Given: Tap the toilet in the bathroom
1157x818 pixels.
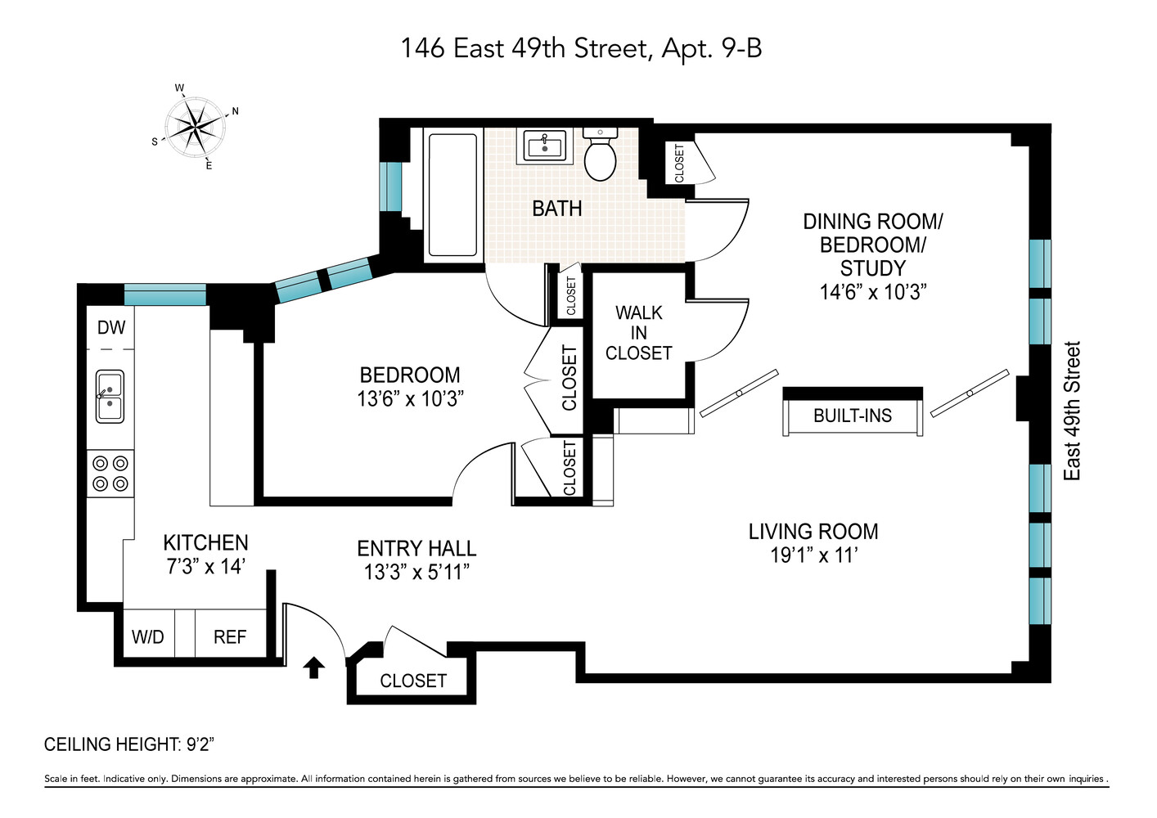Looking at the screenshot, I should click(600, 155).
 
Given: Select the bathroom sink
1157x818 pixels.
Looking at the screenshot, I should click(544, 147).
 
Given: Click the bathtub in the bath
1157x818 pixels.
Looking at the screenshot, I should click(452, 195).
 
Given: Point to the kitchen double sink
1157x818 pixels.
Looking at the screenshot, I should click(110, 396).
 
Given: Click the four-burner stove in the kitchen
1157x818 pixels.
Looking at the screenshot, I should click(110, 474).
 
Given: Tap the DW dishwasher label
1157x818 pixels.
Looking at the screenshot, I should click(111, 328).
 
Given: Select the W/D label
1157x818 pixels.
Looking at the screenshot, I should click(148, 637).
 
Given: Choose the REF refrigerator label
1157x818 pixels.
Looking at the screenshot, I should click(230, 637).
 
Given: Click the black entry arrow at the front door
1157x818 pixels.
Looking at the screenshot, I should click(314, 667).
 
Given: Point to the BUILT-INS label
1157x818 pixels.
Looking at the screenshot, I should click(853, 416).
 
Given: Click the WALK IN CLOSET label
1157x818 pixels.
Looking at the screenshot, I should click(638, 333).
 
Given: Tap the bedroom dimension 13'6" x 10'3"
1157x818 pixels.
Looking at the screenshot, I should click(410, 399).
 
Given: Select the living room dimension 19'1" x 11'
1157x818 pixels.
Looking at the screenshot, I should click(813, 555).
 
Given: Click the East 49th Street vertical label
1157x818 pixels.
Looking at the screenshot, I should click(1072, 411).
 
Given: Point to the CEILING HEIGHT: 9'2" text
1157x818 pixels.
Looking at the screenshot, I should click(128, 744).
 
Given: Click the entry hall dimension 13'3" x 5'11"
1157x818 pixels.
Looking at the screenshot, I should click(416, 572).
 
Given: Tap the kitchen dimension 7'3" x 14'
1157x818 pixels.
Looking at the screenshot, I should click(206, 566).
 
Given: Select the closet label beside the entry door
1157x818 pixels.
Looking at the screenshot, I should click(413, 681).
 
